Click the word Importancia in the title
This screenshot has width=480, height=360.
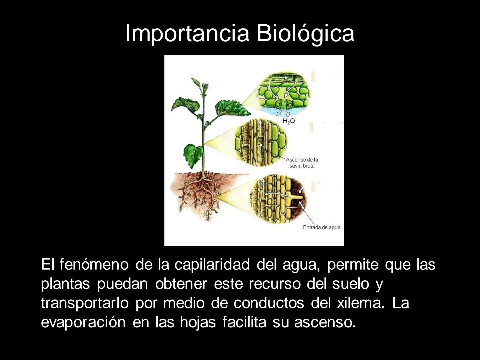pos(187,34)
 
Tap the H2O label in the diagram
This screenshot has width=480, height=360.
pos(289,121)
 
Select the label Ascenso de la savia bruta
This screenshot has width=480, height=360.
pos(302,163)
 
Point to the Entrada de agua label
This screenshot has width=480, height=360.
pos(322,227)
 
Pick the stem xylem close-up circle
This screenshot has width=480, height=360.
pos(260,142)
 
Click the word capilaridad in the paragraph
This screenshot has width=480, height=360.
pos(212,265)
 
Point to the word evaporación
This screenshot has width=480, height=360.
pos(83,323)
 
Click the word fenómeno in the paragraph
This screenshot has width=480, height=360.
pos(94,265)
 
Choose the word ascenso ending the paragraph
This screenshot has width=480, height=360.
pos(325,323)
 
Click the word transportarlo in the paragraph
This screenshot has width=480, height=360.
pos(85,303)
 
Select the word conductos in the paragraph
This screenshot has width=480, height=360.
pos(269,303)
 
